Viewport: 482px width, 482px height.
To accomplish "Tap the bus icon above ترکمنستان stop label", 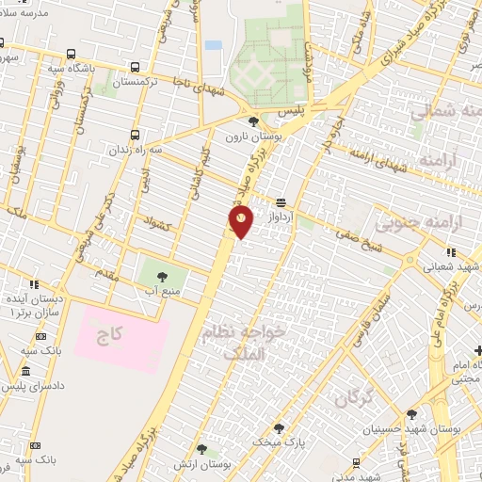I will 137,68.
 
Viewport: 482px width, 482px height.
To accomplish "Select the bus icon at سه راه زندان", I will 137,134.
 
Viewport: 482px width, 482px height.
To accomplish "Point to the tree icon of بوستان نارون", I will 252,121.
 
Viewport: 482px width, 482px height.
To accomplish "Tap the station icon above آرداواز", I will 281,202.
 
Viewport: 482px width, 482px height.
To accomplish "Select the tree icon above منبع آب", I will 161,277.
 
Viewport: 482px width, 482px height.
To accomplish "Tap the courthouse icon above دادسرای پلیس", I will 25,372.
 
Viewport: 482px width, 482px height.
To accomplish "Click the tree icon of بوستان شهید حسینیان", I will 411,414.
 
